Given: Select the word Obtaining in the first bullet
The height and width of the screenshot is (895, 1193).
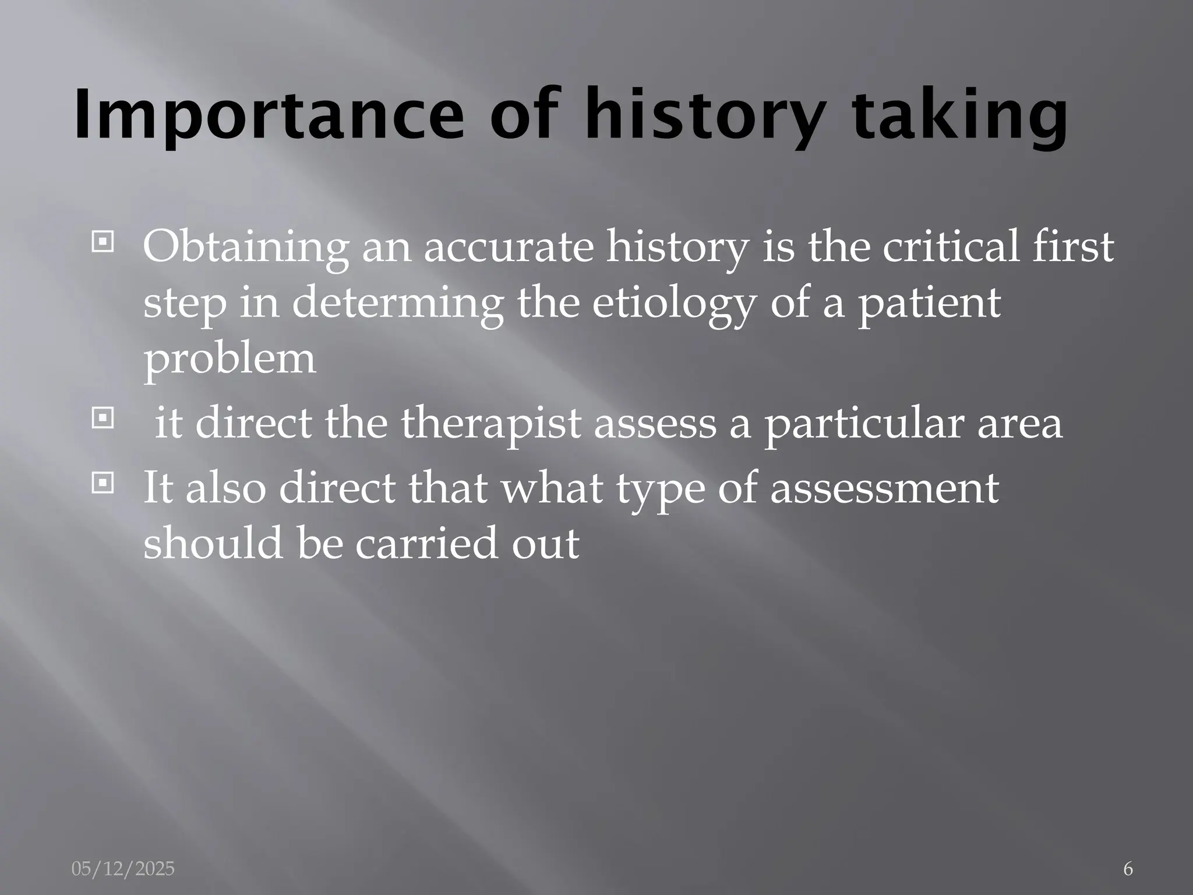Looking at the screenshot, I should (245, 247).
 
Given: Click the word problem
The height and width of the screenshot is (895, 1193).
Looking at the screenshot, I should (230, 359).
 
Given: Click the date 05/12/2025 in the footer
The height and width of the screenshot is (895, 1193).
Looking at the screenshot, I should (123, 869).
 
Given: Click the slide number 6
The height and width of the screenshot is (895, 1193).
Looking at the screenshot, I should (1127, 869).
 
